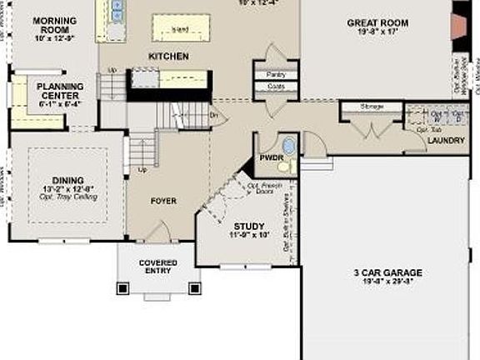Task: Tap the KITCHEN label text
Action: (168, 57)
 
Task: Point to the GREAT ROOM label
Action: (377, 23)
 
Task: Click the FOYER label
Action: (163, 201)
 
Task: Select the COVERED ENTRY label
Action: (157, 266)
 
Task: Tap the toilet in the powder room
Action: (287, 143)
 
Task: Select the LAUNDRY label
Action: (446, 141)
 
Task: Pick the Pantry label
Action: (277, 74)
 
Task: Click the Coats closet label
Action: (277, 86)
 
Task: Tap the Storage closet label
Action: (372, 107)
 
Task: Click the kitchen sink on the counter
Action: (116, 10)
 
